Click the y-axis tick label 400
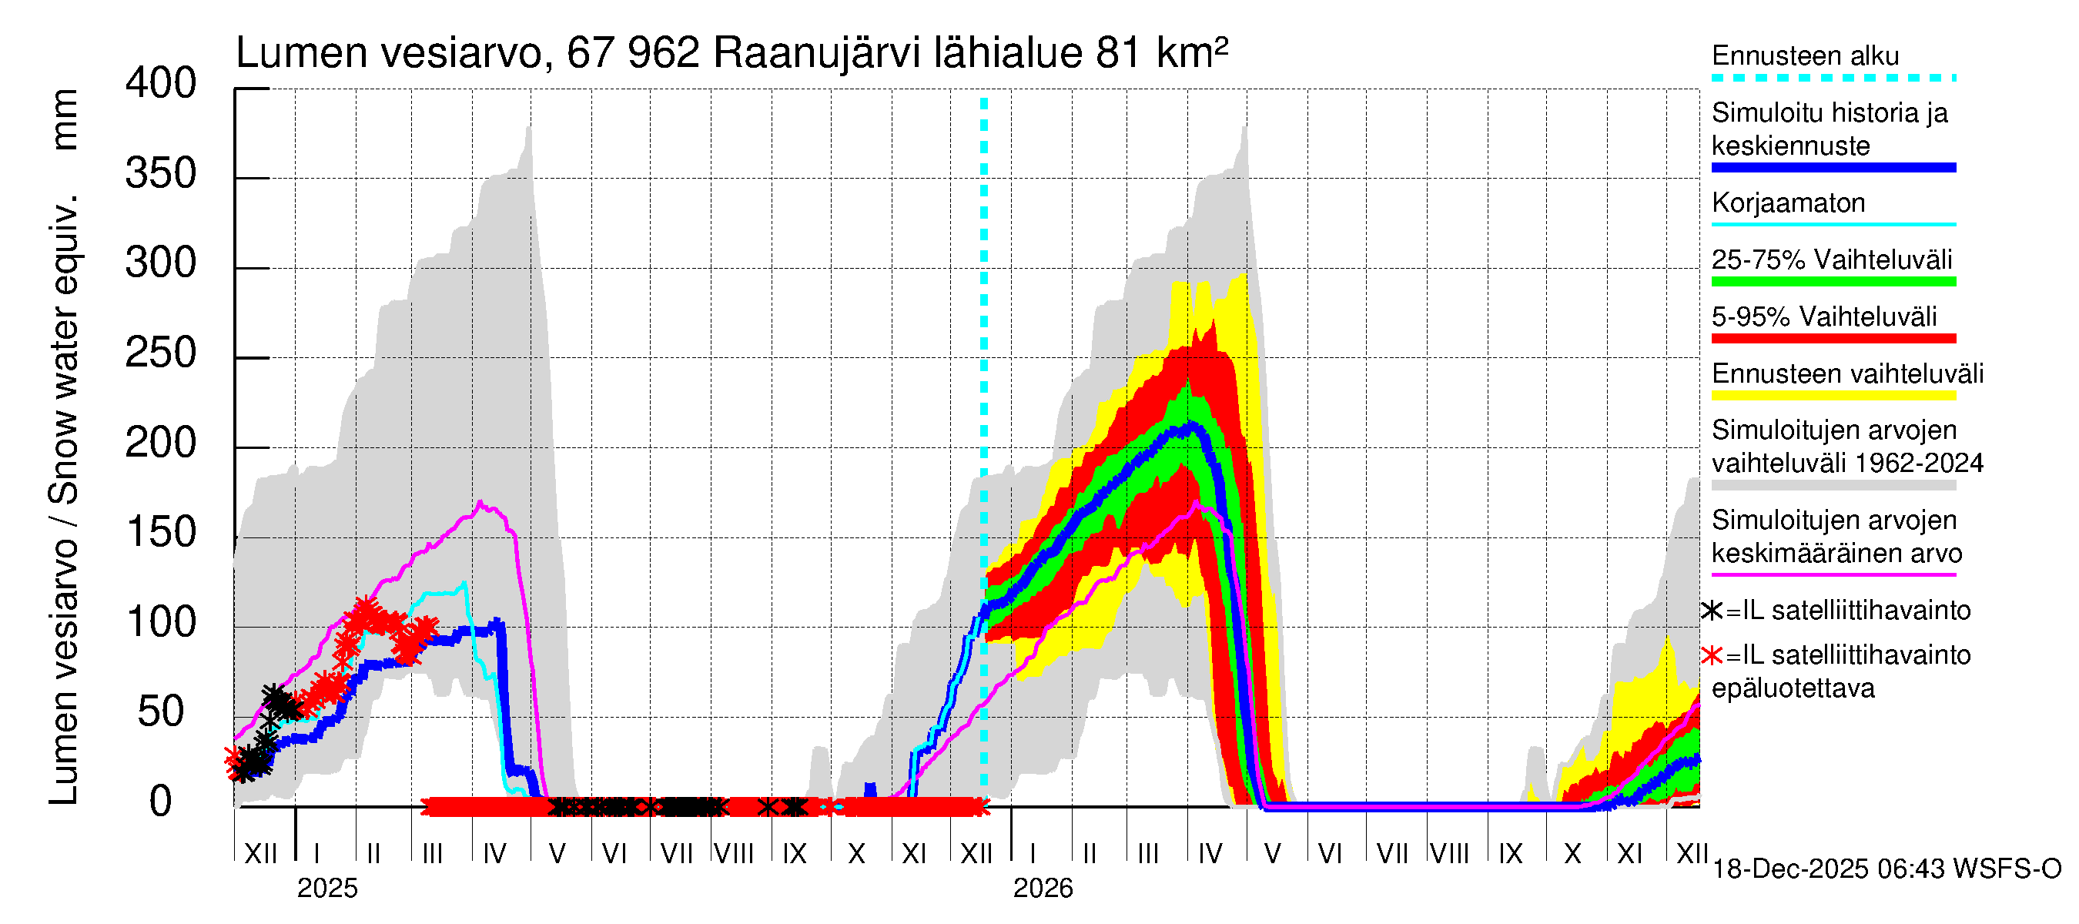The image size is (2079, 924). [x=160, y=83]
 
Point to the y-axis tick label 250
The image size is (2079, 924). [x=160, y=353]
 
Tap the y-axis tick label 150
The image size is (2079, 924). [x=160, y=533]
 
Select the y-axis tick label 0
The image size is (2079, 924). [x=161, y=802]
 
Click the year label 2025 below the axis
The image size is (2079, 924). [x=326, y=889]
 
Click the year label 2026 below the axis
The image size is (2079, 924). [x=1043, y=889]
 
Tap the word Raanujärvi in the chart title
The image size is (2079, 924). [x=816, y=53]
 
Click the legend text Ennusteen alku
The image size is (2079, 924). [x=1805, y=55]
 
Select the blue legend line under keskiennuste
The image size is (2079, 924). [x=1833, y=168]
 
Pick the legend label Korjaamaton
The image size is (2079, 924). [x=1788, y=203]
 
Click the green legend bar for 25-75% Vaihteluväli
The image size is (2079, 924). [x=1833, y=282]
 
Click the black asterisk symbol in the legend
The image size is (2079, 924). [x=1711, y=611]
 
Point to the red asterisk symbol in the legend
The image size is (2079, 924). [x=1711, y=655]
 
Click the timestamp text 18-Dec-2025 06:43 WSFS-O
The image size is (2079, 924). [x=1886, y=869]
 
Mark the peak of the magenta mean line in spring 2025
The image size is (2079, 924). [x=480, y=502]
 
